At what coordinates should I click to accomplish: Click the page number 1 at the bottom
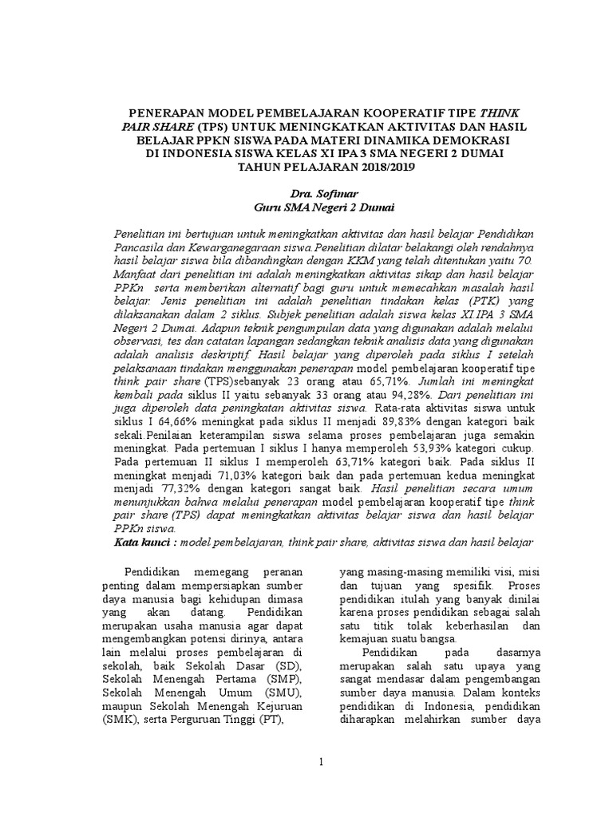(x=320, y=764)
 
